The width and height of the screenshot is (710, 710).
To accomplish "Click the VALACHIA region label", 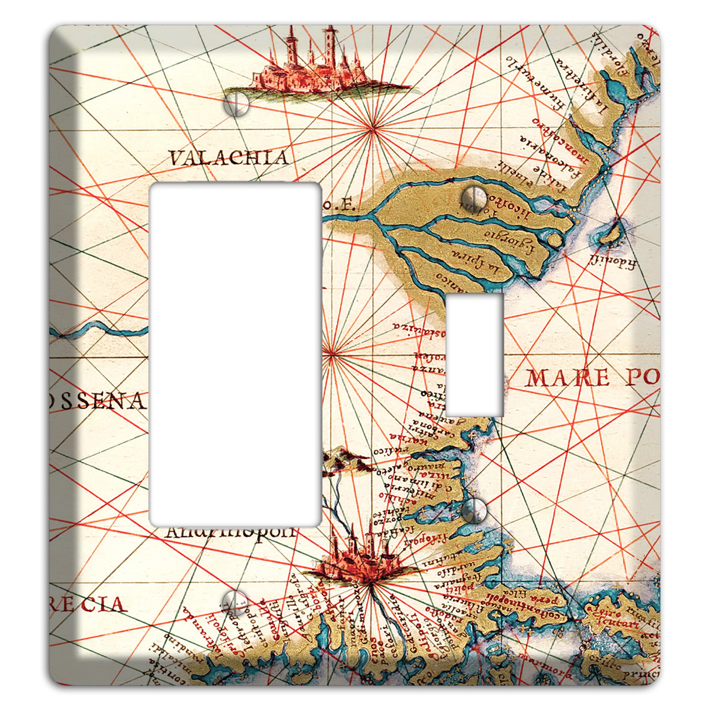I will (229, 158).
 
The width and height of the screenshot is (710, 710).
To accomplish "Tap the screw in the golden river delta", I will (475, 199).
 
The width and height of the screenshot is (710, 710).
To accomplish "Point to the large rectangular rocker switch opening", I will (236, 355).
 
